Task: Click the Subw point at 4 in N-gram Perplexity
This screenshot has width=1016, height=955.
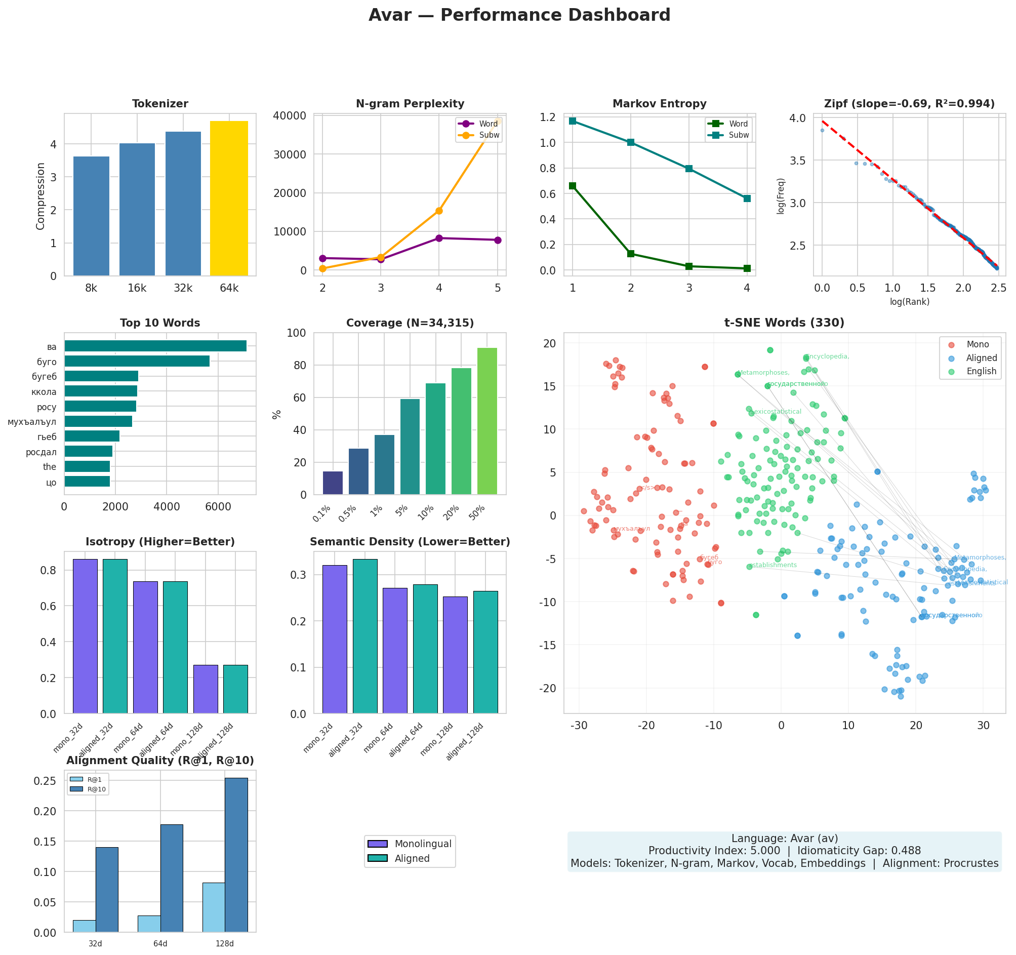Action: point(438,211)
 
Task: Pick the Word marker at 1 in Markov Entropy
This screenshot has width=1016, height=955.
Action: point(573,185)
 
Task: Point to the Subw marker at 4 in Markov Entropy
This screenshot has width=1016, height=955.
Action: point(747,198)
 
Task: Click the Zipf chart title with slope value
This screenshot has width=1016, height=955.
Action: point(909,104)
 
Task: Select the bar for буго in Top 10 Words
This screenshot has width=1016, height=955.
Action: point(137,362)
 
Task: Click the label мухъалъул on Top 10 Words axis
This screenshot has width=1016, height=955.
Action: point(32,422)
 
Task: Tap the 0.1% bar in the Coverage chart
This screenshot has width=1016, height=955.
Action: point(333,483)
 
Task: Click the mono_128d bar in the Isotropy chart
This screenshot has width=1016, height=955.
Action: point(206,689)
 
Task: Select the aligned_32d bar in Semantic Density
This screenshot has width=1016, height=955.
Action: point(365,636)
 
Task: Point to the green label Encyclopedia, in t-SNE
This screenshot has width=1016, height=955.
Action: point(827,356)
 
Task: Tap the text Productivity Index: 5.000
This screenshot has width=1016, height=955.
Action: point(714,851)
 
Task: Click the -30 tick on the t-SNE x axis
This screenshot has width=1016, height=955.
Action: point(579,725)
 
